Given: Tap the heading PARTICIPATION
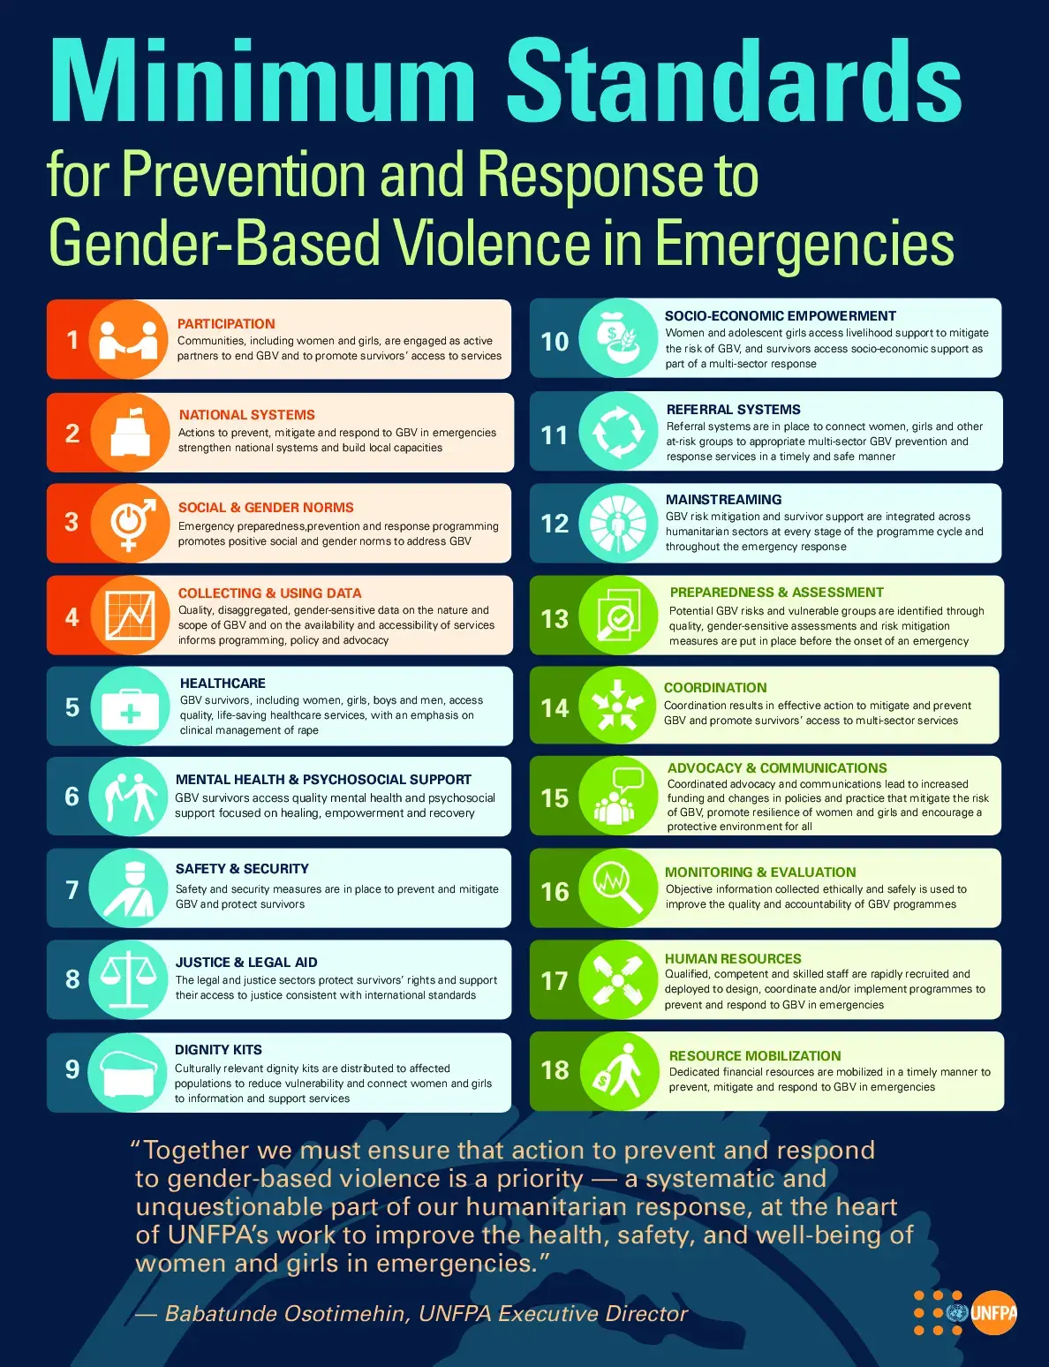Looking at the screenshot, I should pos(226,324).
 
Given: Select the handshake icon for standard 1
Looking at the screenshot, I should pos(128,340).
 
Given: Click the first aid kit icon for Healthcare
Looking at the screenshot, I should pos(130,707).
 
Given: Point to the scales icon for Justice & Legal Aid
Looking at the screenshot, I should pos(129,978).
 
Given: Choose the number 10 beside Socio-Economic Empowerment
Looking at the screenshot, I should pos(555,342).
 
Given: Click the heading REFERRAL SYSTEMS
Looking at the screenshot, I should pos(733,410).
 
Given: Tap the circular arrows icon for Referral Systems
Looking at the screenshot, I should pos(618,433).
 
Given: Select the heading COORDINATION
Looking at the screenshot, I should pos(715,688).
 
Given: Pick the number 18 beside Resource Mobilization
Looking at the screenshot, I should pos(555,1070).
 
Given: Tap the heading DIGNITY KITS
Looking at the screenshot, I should pos(218,1050).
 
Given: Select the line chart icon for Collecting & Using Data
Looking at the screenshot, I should pos(130,616).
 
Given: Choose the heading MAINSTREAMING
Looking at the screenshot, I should pos(723,500).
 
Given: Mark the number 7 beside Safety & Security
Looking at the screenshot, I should pos(72,890).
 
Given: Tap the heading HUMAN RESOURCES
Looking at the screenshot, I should pos(733,959).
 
